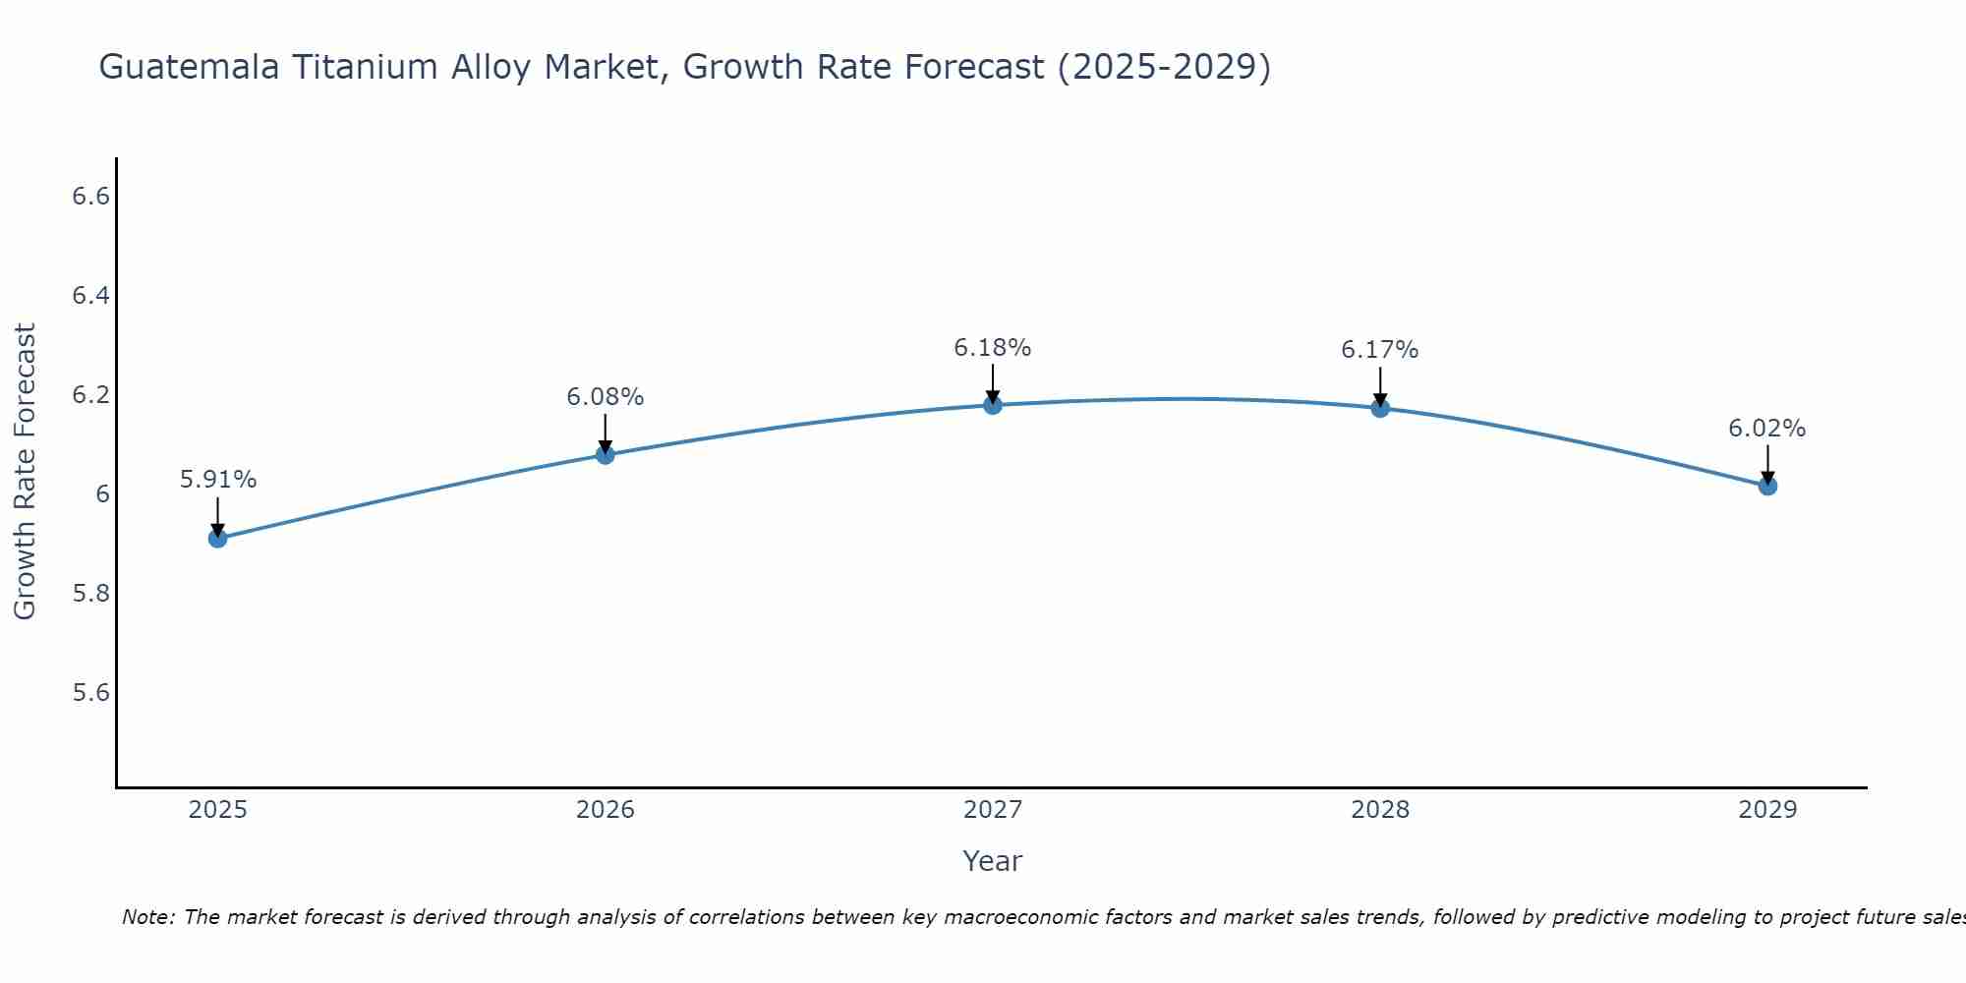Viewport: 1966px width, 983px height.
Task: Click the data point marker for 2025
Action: [x=218, y=538]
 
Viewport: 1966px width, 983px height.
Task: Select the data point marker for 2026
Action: [x=606, y=454]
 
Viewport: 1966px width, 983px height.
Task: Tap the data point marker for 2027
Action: [x=993, y=405]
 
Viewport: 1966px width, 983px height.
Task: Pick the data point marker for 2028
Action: [x=1380, y=408]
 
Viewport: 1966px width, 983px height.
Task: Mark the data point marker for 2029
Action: [x=1767, y=486]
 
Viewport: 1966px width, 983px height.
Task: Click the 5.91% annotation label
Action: [x=218, y=480]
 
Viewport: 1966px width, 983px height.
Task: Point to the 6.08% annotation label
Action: [x=606, y=397]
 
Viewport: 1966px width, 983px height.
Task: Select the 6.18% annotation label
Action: [x=993, y=348]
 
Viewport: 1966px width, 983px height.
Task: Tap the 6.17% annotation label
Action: [x=1380, y=350]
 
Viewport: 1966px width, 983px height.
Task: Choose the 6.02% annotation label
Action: [x=1767, y=429]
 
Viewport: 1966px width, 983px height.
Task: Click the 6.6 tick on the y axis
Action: [x=90, y=197]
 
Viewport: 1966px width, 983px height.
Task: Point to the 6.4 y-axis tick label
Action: [x=90, y=296]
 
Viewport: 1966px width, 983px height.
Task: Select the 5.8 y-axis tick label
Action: [x=90, y=594]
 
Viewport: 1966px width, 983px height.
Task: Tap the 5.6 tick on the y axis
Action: [x=90, y=693]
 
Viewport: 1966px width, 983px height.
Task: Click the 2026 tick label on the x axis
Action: [x=606, y=810]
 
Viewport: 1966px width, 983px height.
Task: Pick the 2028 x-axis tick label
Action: [x=1380, y=810]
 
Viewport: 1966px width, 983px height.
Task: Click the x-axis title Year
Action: [x=993, y=861]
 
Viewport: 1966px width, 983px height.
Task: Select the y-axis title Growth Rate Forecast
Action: [x=25, y=472]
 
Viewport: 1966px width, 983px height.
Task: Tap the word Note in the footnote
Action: [x=147, y=917]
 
